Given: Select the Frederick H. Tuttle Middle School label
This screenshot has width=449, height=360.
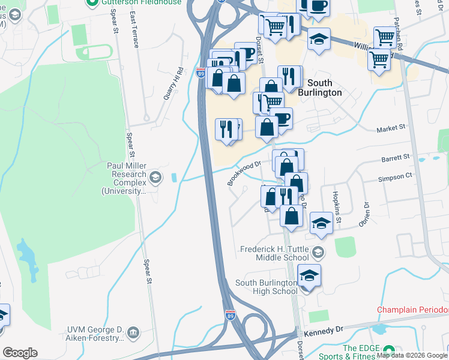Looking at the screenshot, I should click(x=274, y=253).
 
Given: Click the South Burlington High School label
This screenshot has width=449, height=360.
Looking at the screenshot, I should click(x=266, y=287).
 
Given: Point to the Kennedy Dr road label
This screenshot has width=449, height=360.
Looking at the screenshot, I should click(x=323, y=331).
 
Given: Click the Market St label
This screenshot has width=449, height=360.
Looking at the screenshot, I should click(x=391, y=128).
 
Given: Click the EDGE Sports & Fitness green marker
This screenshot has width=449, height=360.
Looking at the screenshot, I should click(x=388, y=350).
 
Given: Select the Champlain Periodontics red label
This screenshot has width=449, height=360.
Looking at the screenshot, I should click(x=412, y=310).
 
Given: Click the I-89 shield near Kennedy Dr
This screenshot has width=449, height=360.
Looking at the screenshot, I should click(x=230, y=314).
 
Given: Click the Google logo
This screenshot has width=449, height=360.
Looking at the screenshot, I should click(x=20, y=353).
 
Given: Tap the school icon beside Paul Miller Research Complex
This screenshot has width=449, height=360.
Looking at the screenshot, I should click(x=155, y=176).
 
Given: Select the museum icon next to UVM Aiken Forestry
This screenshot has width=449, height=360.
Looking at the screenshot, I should click(x=133, y=331).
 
